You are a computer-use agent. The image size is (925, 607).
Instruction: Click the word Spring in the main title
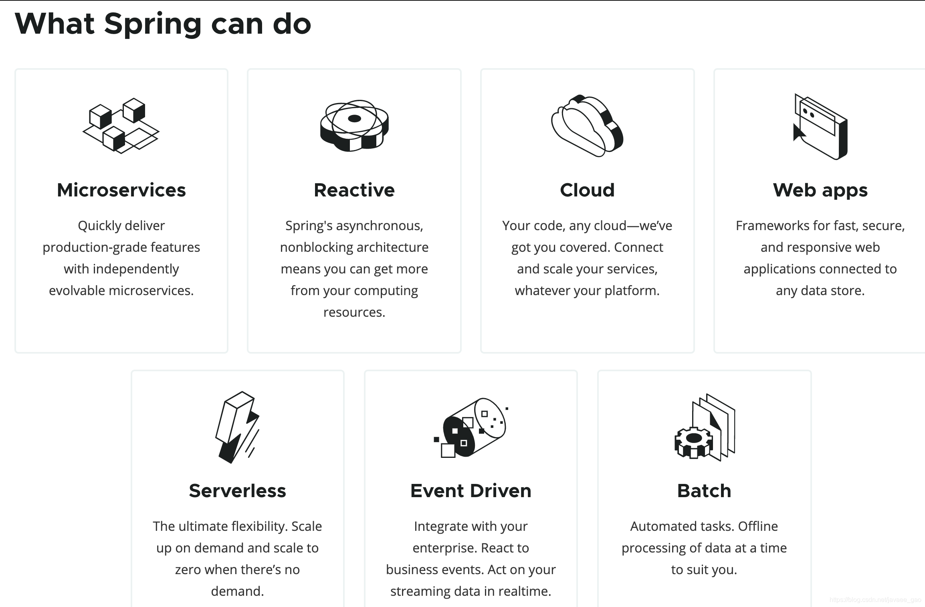coord(153,24)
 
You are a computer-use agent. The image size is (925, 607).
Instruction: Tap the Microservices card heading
coord(121,190)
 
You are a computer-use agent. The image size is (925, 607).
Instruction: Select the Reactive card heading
coord(354,190)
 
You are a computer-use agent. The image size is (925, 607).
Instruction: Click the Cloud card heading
coord(587,190)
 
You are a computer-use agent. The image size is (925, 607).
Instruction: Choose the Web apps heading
coord(820,190)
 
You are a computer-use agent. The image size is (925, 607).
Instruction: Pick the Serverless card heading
coord(238,491)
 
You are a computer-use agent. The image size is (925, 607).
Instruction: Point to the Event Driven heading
coord(471,491)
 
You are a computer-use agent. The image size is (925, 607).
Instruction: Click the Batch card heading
coord(704,491)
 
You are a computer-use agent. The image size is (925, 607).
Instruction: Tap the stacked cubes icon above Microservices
coord(121,125)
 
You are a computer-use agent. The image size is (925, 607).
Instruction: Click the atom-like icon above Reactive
coord(354,125)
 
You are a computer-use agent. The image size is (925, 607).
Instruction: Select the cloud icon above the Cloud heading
coord(587,125)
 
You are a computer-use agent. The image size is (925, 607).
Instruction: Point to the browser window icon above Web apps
coord(820,126)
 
